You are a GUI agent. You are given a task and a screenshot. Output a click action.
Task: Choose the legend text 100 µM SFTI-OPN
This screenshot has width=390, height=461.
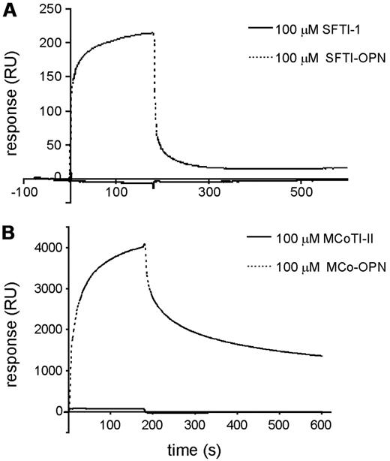(x=324, y=58)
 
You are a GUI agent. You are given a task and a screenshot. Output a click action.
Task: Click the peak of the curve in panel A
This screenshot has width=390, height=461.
(x=153, y=32)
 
